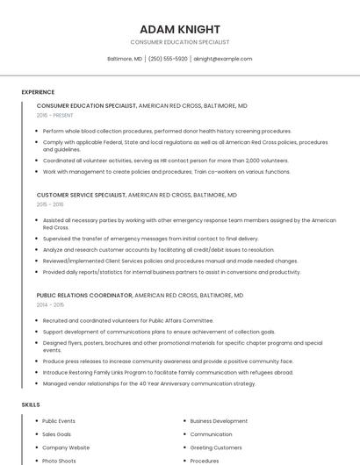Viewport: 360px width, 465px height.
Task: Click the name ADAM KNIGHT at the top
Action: click(180, 29)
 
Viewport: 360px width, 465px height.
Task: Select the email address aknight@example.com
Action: click(222, 59)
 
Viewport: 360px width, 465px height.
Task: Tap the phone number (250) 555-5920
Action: click(168, 59)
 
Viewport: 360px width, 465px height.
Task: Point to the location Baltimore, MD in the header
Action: click(125, 59)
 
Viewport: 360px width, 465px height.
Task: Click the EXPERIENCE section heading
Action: click(38, 92)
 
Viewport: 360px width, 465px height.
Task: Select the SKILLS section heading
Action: click(31, 404)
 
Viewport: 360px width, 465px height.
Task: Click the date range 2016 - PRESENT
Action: click(54, 115)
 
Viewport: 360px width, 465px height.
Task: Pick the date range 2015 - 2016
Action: click(50, 204)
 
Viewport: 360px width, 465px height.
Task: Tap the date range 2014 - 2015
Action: click(50, 304)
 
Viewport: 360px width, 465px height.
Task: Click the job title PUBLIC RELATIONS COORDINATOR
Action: click(84, 296)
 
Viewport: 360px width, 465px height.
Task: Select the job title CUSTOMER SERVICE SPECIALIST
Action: click(82, 195)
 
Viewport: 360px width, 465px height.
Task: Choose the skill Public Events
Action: click(59, 421)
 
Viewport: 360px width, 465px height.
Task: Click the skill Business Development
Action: click(219, 421)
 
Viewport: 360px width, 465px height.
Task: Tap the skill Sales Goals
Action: click(57, 434)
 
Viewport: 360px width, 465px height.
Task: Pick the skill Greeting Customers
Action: click(216, 447)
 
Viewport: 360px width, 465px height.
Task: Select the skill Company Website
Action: click(66, 447)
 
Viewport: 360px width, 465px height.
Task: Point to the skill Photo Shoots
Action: click(59, 461)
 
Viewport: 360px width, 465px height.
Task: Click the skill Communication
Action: click(211, 434)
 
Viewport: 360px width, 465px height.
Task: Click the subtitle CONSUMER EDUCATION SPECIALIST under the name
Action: click(180, 42)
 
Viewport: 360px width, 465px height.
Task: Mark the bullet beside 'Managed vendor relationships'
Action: click(36, 383)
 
